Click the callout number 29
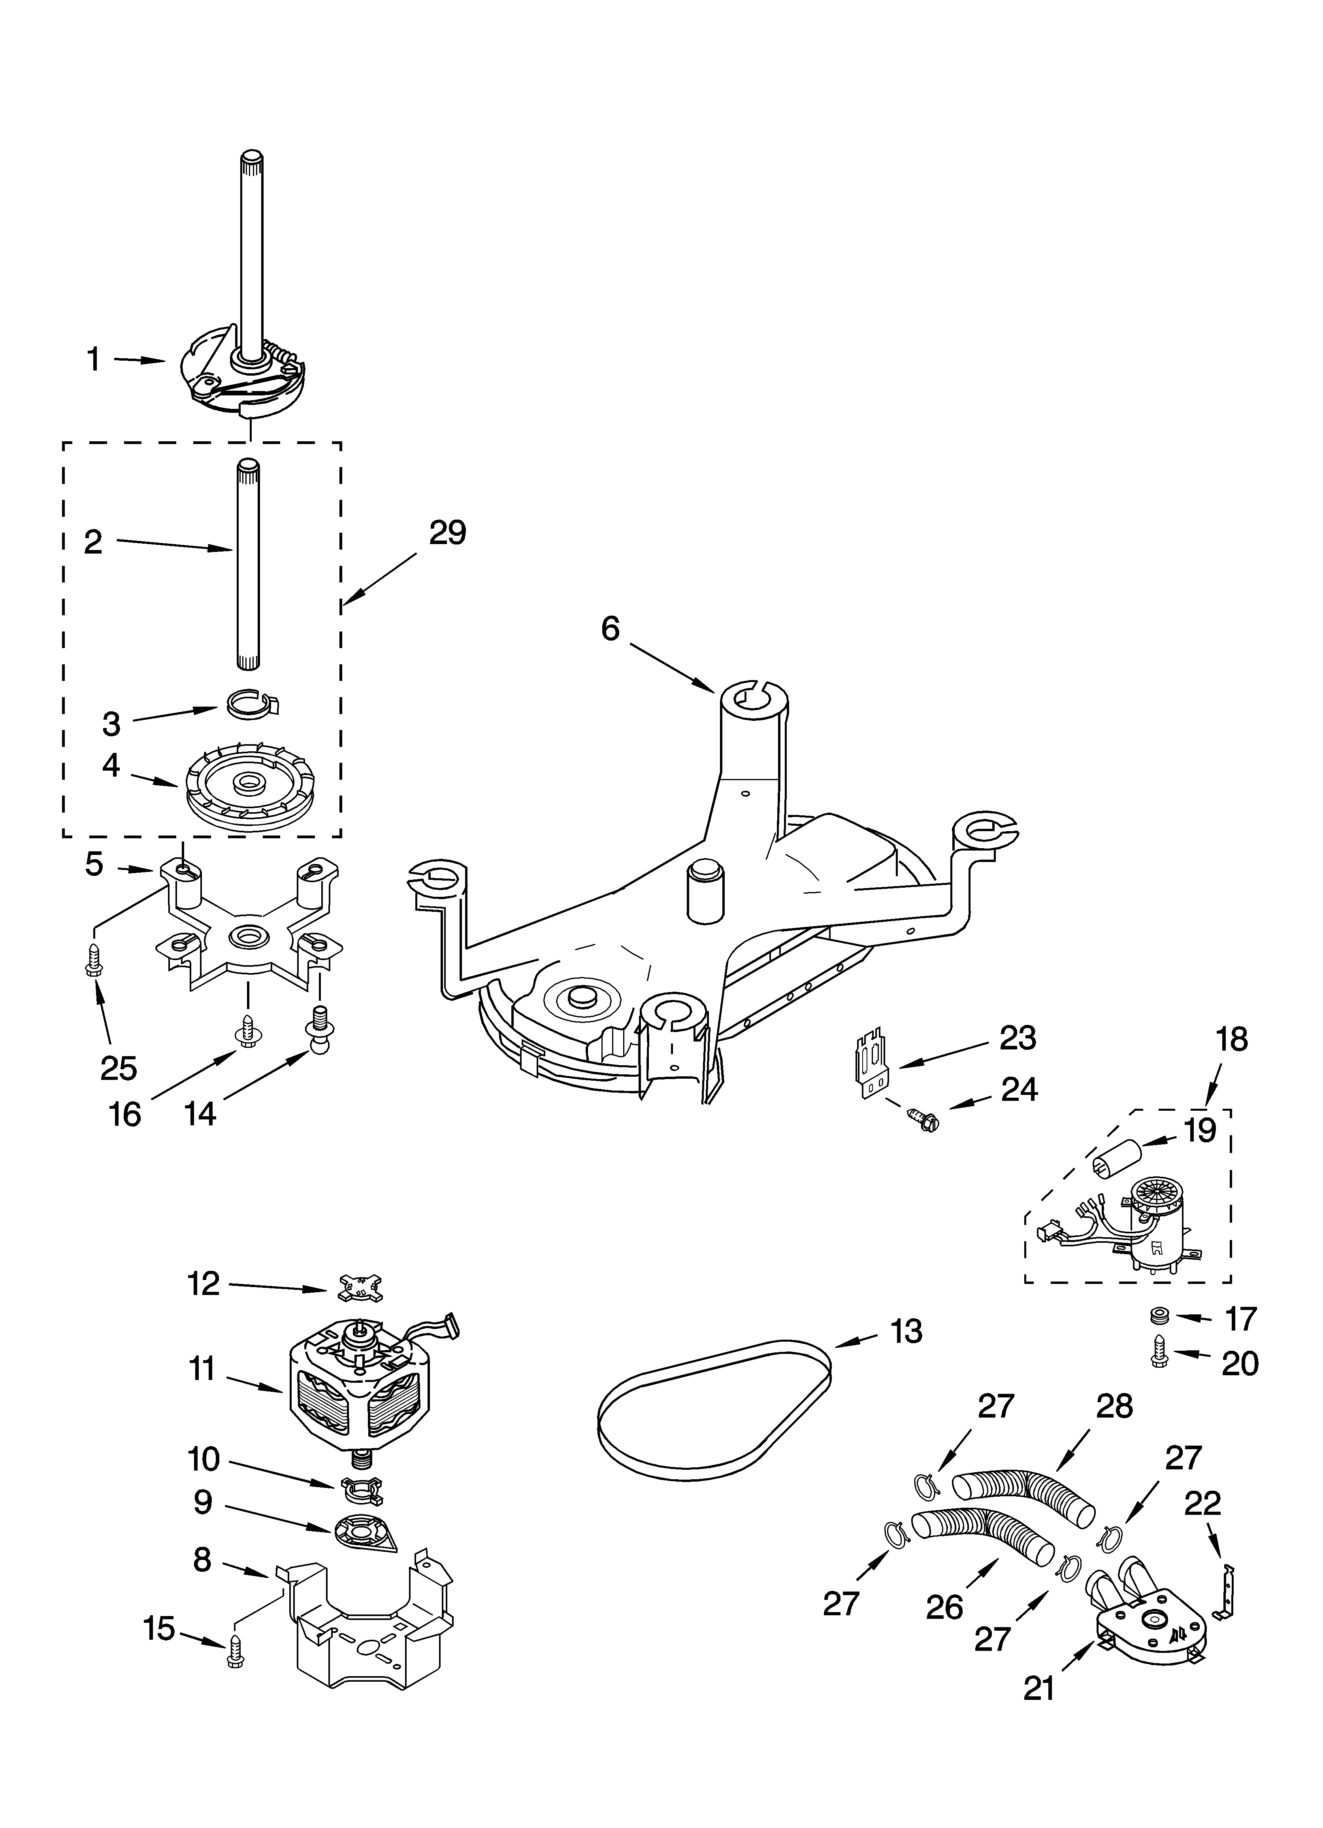[447, 533]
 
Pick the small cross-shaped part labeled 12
[360, 1285]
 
